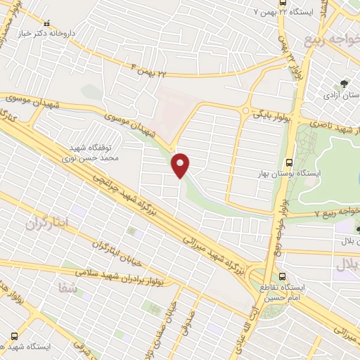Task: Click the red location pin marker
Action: coord(181,165)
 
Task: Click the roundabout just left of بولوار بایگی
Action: coord(245,110)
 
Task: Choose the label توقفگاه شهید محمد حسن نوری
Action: coord(100,154)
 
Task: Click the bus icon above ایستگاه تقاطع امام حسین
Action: coord(283,276)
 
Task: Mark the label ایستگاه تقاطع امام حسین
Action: coord(304,292)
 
